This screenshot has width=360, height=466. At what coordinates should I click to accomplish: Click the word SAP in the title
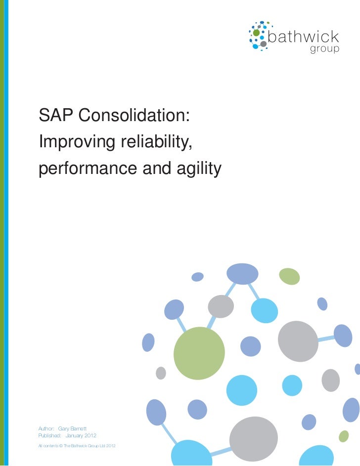click(x=54, y=115)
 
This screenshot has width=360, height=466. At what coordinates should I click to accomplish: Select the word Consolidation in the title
click(x=133, y=115)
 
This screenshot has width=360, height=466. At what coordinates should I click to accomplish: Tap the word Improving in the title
click(x=76, y=142)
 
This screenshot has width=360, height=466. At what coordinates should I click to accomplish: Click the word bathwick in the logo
click(x=303, y=38)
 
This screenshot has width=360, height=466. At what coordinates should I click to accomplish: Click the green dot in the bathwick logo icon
click(x=256, y=33)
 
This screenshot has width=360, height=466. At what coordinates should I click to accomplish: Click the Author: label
click(x=46, y=427)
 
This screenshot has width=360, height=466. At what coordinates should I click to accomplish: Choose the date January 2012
click(x=81, y=435)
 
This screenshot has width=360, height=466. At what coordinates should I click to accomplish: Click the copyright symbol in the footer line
click(x=61, y=447)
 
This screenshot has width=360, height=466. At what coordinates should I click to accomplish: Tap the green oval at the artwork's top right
click(x=289, y=276)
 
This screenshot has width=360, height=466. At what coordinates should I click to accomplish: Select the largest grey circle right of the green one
click(x=298, y=341)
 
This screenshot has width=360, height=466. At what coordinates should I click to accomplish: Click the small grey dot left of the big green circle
click(x=161, y=373)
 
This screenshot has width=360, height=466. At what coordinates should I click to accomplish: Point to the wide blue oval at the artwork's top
click(x=242, y=273)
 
